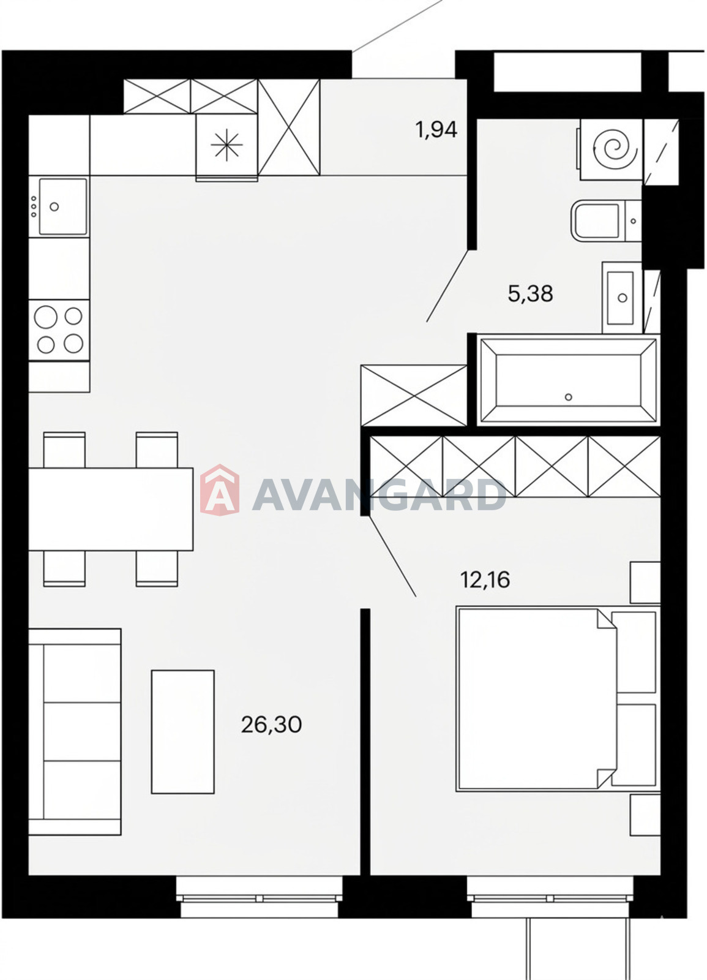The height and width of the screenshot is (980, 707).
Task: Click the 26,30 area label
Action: point(271,725)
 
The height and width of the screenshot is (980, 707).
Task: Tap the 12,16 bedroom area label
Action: point(485,580)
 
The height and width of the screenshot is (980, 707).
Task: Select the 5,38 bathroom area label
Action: point(530,293)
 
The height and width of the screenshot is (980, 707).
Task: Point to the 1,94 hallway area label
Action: point(436,130)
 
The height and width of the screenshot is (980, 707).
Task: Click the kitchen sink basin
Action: point(64,206)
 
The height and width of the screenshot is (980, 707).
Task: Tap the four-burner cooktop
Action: point(59,330)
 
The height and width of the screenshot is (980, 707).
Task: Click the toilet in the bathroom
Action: point(605,221)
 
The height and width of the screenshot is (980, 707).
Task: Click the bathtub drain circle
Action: point(569,397)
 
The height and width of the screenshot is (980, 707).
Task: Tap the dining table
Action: point(111,509)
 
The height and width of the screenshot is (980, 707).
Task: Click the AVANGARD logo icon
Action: point(220,490)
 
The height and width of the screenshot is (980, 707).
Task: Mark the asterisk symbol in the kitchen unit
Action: point(226,145)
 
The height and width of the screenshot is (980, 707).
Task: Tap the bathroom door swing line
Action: point(448,285)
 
